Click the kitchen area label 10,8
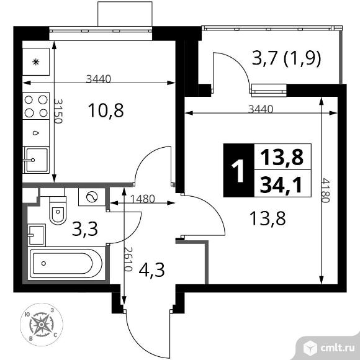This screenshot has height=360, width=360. [x=106, y=110]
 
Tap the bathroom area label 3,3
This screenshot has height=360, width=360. [x=84, y=229]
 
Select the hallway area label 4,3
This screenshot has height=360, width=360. [x=152, y=270]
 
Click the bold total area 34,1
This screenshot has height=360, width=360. [x=281, y=184]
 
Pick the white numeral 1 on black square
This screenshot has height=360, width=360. [x=238, y=171]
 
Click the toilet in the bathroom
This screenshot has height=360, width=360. [x=58, y=210]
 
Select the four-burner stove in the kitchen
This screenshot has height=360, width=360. [x=36, y=106]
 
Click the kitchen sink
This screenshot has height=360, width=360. [x=36, y=160]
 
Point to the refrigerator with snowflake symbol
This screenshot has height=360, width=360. [x=36, y=62]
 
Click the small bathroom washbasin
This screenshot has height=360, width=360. [x=37, y=235]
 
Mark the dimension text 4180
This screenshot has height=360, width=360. [x=326, y=191]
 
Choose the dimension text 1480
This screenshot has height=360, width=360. [x=143, y=199]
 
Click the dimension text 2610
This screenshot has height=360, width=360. [x=128, y=259]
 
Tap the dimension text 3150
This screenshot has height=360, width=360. [x=58, y=111]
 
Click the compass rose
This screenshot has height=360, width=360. [x=42, y=325]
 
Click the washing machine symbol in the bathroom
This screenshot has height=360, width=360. [x=92, y=197]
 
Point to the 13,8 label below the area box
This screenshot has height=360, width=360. [x=268, y=218]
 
